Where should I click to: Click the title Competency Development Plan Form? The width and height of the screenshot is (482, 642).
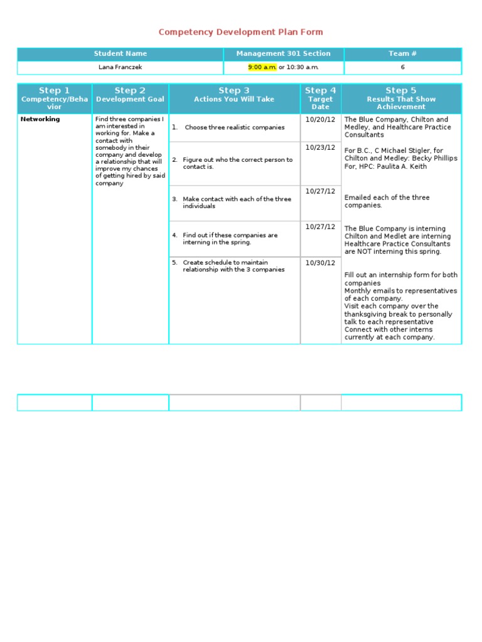tap(240, 32)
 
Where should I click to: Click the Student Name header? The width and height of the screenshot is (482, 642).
tap(120, 54)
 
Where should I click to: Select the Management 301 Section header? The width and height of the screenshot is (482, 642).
tap(283, 54)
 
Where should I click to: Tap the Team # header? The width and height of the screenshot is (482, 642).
tap(402, 54)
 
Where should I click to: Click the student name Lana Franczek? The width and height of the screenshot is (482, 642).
tap(120, 67)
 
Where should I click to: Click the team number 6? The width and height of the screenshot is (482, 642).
tap(402, 67)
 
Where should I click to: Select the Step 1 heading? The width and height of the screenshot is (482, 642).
tap(54, 90)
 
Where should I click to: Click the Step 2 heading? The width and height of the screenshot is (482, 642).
tap(130, 90)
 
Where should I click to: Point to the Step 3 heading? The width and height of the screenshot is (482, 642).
tap(234, 90)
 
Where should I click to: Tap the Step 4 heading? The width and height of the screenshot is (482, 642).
tap(320, 90)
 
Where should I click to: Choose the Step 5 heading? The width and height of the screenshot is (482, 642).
tap(401, 90)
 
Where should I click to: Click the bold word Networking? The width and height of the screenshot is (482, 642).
tap(40, 119)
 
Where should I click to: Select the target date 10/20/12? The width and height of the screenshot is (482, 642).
tap(320, 119)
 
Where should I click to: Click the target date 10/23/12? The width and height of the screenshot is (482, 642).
tap(320, 147)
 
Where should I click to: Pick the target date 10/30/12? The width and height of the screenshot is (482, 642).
tap(320, 263)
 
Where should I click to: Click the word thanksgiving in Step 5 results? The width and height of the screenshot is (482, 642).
tap(367, 314)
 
